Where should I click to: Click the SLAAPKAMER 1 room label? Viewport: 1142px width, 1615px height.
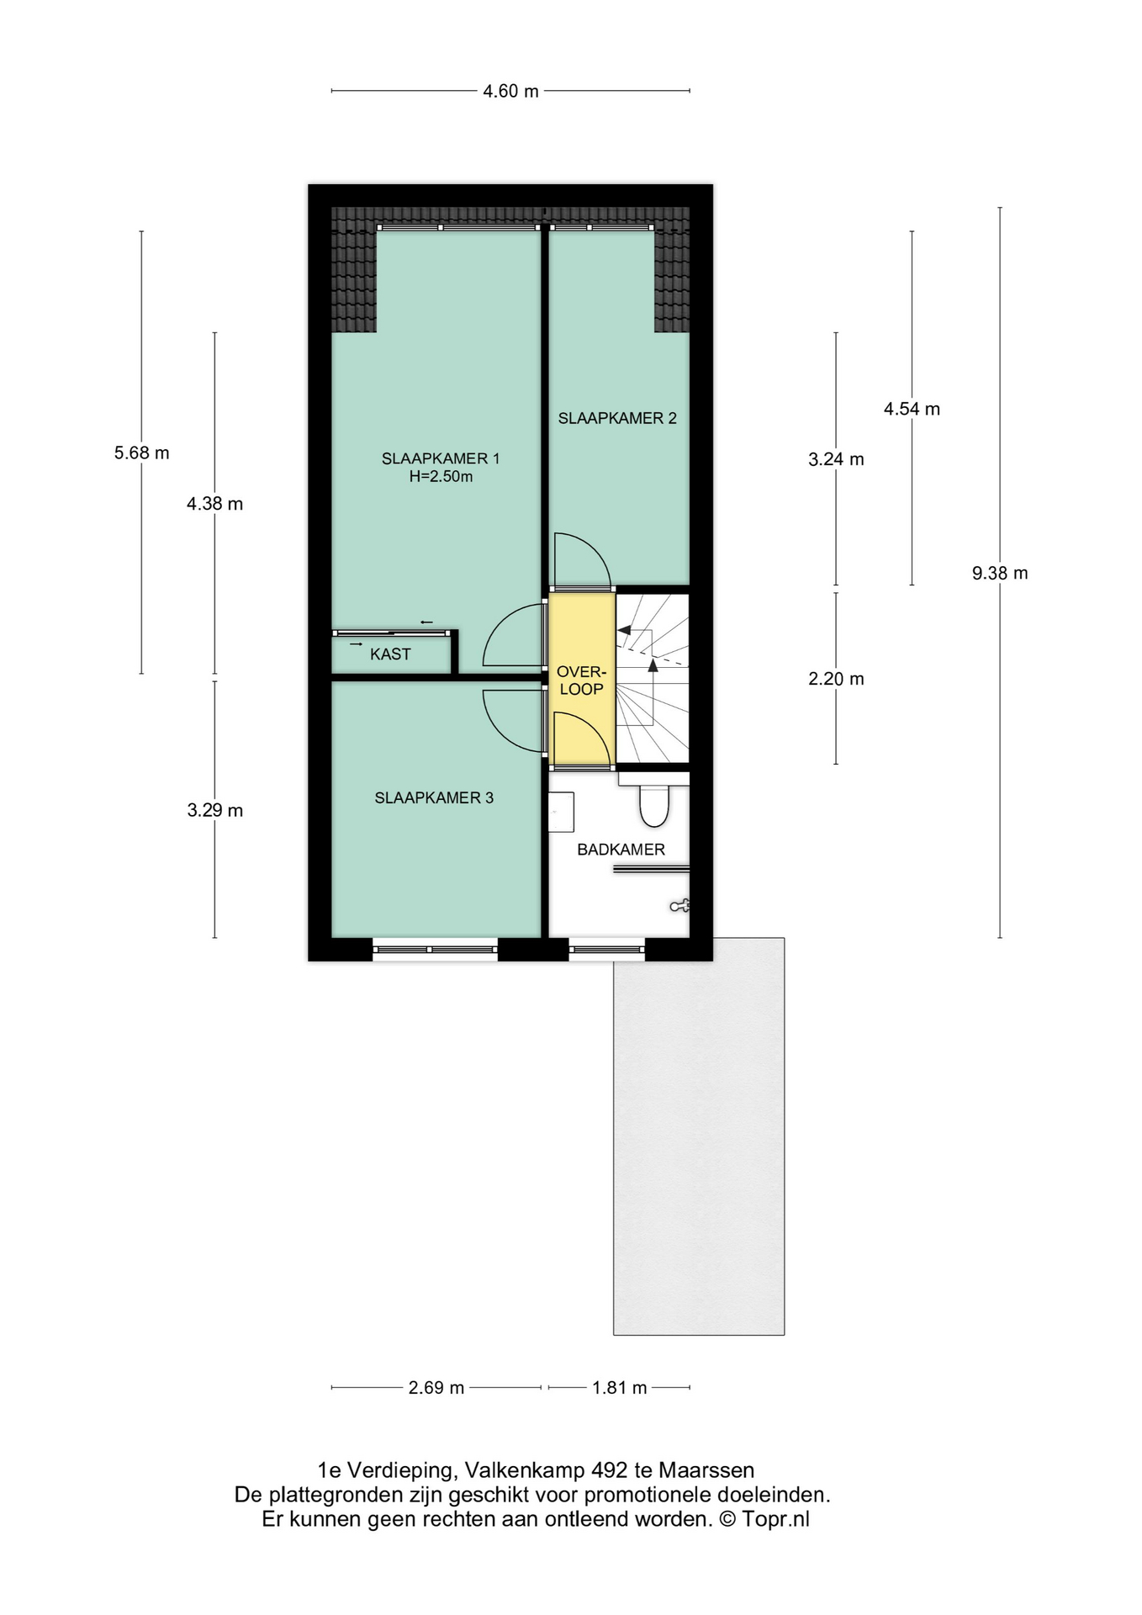(441, 458)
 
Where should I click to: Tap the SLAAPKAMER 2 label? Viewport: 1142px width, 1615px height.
(617, 418)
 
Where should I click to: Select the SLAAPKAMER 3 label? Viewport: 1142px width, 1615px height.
(434, 797)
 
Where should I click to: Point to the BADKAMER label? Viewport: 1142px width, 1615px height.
(621, 850)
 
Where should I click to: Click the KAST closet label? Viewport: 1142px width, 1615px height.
(390, 654)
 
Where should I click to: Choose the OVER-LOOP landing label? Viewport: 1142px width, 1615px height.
(581, 680)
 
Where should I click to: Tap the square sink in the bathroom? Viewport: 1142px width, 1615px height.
(561, 812)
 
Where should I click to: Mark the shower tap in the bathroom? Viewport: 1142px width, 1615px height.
(679, 906)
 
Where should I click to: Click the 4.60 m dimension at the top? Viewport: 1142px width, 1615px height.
(510, 91)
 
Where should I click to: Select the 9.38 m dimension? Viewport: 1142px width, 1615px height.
(1000, 573)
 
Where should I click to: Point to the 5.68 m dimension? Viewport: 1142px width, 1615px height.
(141, 453)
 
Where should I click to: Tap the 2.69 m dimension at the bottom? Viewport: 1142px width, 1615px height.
(436, 1388)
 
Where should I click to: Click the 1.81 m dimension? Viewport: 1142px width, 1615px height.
(620, 1388)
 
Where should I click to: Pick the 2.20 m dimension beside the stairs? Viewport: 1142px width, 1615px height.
(836, 679)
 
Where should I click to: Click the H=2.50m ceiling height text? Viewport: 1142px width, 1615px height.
(441, 477)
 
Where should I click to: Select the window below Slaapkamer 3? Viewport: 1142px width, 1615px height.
(435, 950)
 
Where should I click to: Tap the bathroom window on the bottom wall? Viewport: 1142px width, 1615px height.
(607, 950)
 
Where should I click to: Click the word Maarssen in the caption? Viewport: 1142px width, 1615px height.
(706, 1470)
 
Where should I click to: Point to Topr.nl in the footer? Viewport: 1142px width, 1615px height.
(775, 1519)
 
